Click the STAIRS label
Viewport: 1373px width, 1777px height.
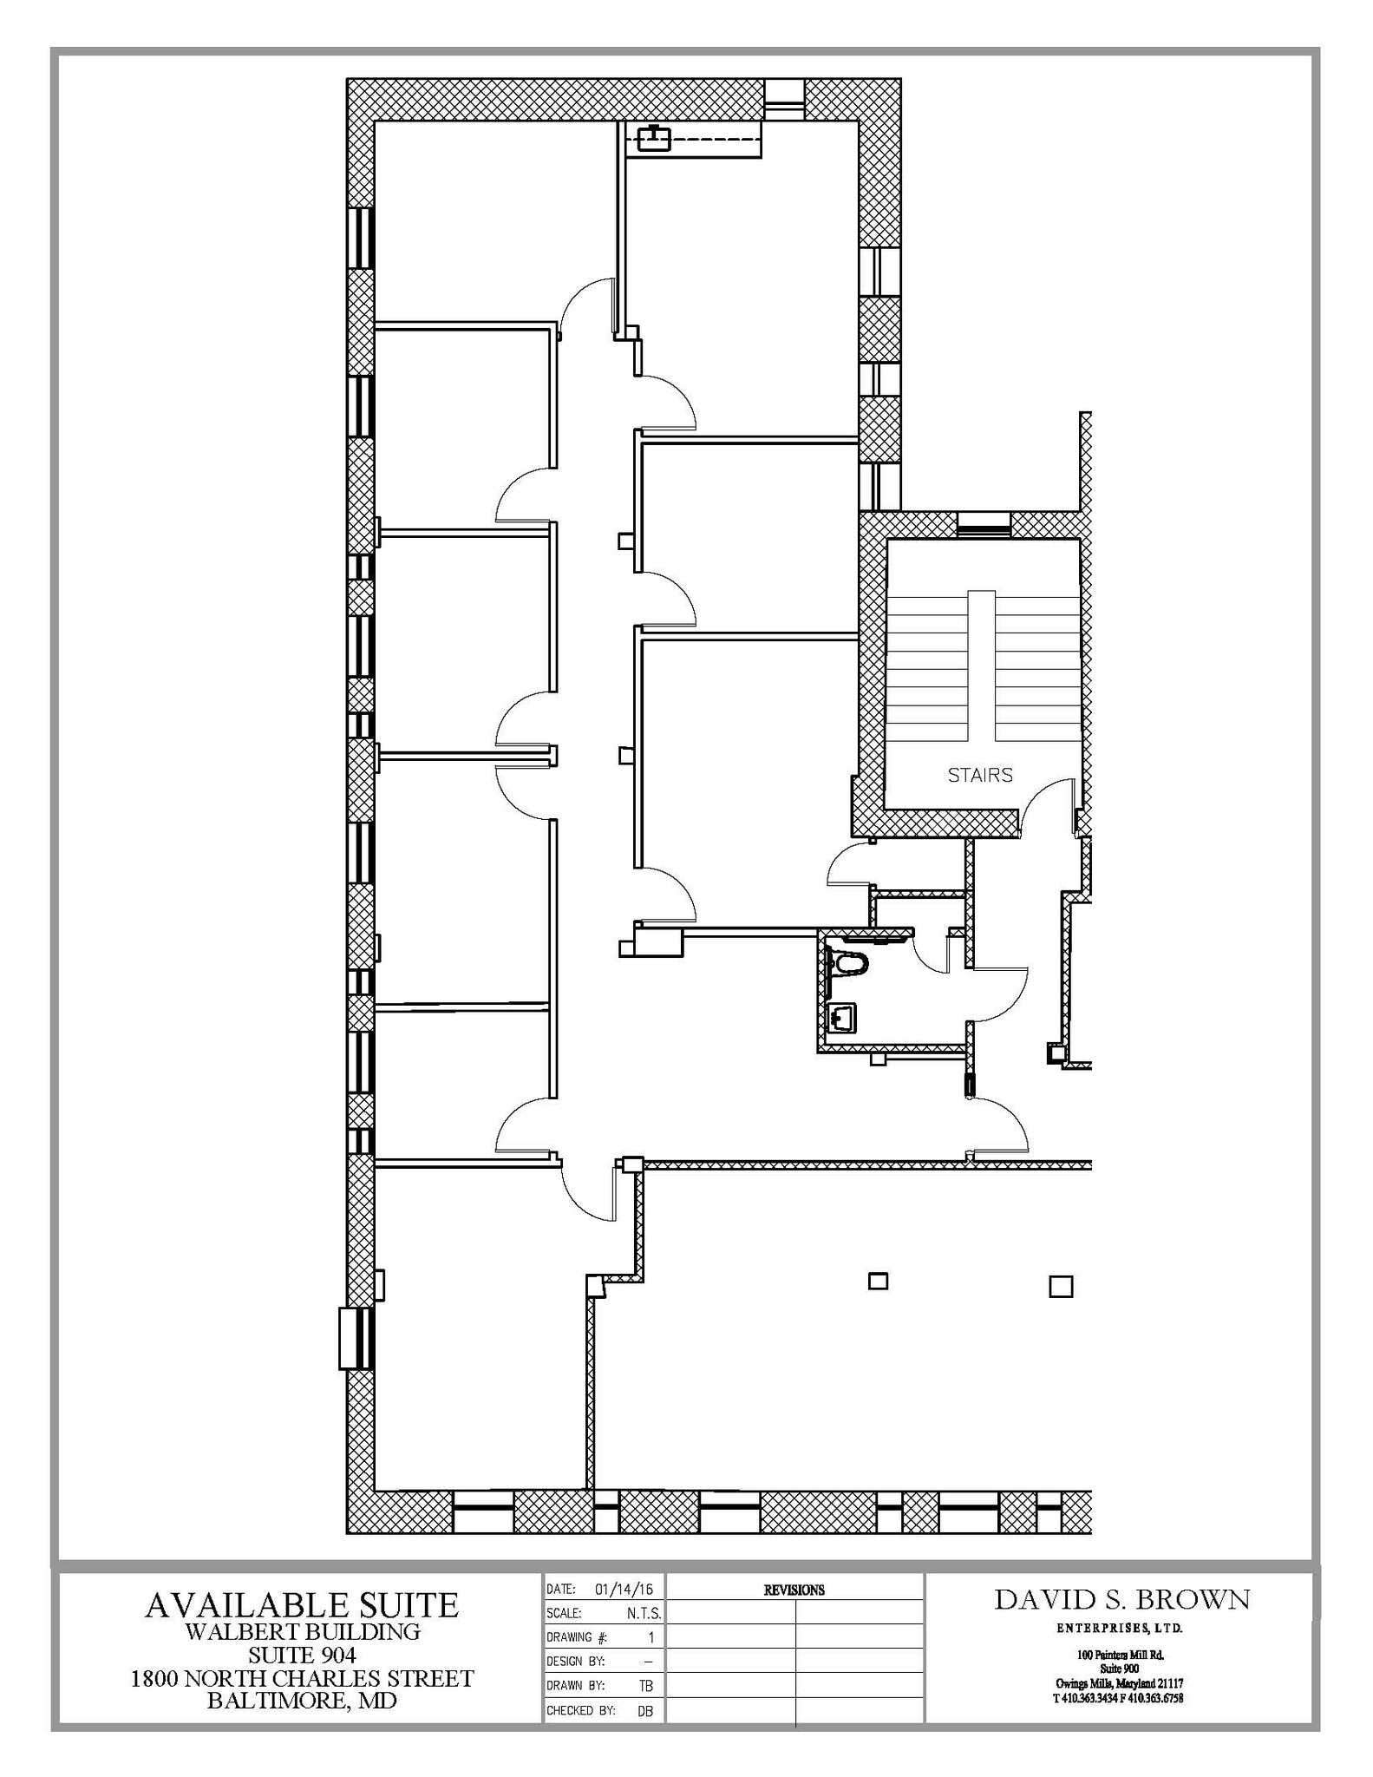(979, 775)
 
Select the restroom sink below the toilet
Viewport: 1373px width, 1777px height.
(842, 1018)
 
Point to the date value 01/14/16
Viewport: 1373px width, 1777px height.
(624, 1590)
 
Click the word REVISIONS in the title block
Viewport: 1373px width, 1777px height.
(794, 1590)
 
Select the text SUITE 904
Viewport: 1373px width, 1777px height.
(302, 1655)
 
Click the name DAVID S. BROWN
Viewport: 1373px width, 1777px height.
(1121, 1599)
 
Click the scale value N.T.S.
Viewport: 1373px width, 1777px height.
(644, 1614)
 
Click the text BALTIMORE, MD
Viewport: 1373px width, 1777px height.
(302, 1701)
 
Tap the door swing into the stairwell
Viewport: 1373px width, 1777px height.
(1048, 802)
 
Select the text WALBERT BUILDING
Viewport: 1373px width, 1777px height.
(302, 1631)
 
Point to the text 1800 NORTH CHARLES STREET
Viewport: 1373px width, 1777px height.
(302, 1678)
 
